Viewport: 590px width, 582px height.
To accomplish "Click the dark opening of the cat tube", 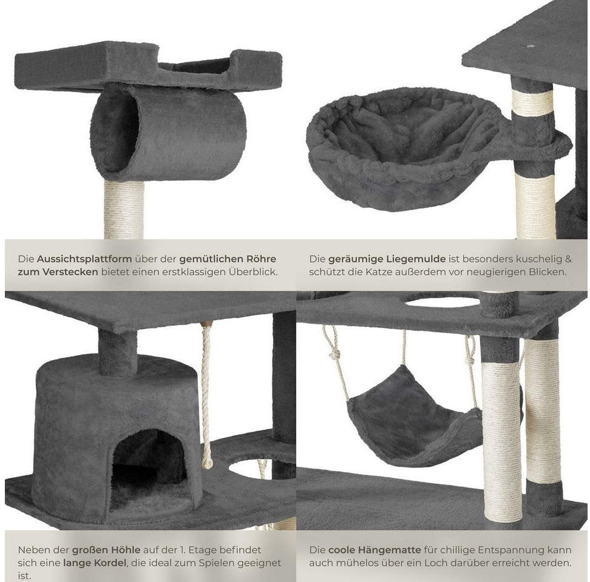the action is point(115,130).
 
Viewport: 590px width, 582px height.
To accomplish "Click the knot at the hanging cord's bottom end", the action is point(207,461).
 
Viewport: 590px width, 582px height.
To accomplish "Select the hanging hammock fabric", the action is point(415,415).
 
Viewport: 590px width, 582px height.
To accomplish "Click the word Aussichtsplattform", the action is point(84,259).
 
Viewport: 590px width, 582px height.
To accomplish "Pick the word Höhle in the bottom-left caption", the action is point(126,550).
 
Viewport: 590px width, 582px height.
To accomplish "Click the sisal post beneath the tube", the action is point(124,210).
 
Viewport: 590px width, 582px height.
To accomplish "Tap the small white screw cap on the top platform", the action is point(531,46).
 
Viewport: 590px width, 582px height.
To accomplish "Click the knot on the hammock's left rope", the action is point(335,354).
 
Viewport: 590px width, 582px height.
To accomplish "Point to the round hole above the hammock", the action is point(442,302).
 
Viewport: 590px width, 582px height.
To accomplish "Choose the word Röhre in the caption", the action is point(262,259).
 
